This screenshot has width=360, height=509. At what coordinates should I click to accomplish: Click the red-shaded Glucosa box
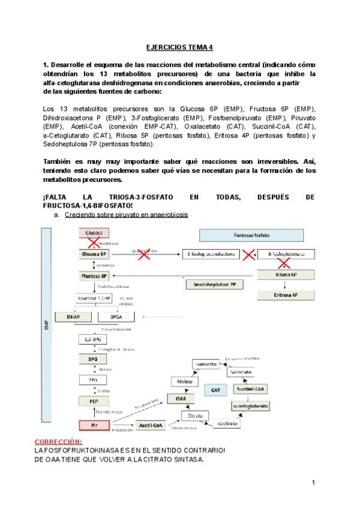point(94,233)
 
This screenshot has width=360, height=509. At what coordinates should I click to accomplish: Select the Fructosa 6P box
point(94,276)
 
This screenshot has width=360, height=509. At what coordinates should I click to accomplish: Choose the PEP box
point(94,400)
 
